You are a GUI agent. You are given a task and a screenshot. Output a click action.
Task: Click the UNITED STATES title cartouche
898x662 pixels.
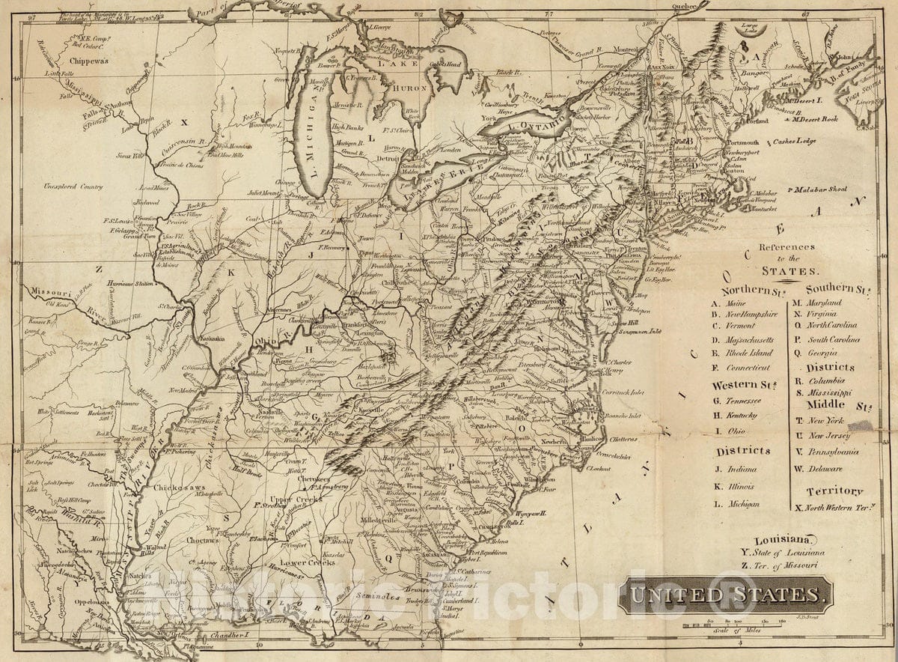point(725,595)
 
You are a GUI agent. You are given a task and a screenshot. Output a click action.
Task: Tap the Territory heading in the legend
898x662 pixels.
point(834,491)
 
